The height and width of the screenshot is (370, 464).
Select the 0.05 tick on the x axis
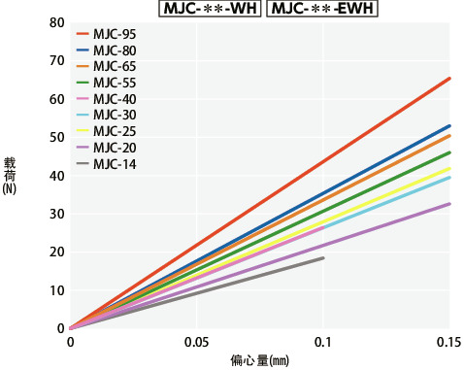(x=196, y=344)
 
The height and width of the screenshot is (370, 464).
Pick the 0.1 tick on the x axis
(x=323, y=344)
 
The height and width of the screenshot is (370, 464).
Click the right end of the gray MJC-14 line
(x=323, y=257)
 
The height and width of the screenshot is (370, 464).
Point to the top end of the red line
(x=449, y=78)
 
